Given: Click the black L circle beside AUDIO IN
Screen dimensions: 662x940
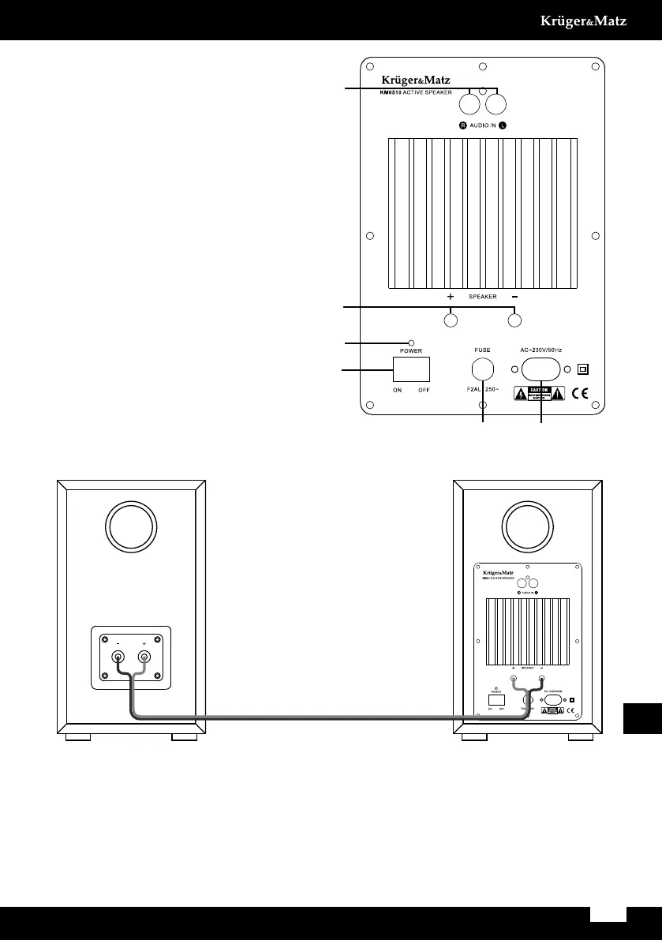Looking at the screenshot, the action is click(503, 125).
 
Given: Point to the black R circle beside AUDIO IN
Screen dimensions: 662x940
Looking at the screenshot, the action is click(464, 125).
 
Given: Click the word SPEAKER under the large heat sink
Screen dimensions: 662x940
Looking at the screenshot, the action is click(482, 298).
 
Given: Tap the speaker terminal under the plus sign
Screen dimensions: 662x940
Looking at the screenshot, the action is click(451, 320).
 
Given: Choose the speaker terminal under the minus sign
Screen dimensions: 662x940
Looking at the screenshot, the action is click(514, 320).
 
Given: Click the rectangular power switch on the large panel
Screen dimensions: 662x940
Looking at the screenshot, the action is click(411, 369).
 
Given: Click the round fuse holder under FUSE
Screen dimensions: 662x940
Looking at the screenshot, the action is click(482, 369).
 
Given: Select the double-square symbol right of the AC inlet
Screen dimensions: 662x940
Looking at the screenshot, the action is click(583, 369).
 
